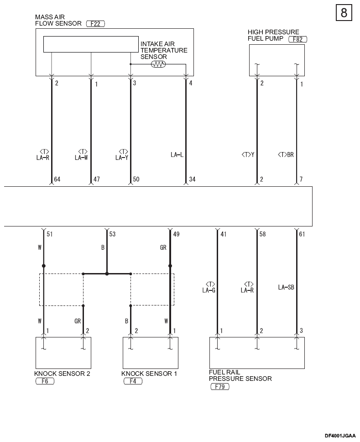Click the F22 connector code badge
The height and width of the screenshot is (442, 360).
95,24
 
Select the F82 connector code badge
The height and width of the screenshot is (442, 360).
298,39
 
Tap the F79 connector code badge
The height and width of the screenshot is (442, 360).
220,386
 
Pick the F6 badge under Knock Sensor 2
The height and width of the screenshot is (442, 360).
45,381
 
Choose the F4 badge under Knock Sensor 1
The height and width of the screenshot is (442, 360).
133,381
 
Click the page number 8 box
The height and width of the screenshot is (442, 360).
344,13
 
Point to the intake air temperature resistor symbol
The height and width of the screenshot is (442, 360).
158,64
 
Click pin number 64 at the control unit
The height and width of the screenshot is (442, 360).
57,179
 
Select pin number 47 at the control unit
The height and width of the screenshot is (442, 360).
97,179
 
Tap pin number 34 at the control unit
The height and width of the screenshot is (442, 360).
193,179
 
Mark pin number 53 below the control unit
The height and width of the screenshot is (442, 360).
112,234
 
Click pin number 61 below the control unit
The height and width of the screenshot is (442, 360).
302,234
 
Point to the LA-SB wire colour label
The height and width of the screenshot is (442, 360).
286,287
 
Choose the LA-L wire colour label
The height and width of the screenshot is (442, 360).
177,155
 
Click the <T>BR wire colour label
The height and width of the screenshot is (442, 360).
286,155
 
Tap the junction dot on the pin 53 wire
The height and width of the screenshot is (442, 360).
107,274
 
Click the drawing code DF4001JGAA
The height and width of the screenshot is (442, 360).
340,436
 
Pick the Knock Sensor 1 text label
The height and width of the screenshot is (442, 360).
149,374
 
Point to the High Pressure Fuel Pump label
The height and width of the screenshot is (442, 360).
273,35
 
